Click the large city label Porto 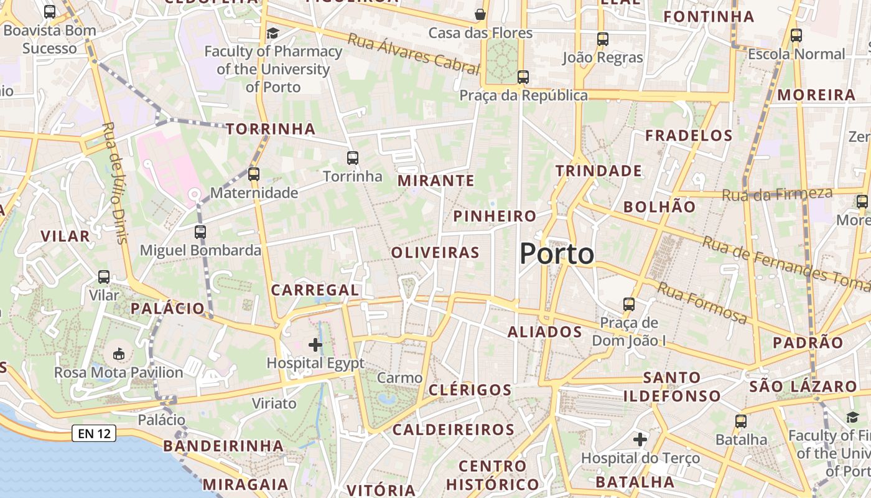(x=557, y=254)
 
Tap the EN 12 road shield (x=94, y=433)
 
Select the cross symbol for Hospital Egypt (x=315, y=344)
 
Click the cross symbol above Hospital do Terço (x=640, y=440)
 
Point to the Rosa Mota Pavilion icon (x=118, y=354)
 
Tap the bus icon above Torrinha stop (x=353, y=158)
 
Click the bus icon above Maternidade (x=254, y=174)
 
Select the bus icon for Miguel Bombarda (x=200, y=232)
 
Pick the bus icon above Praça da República (x=523, y=77)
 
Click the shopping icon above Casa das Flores (x=480, y=14)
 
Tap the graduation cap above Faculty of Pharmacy (x=273, y=33)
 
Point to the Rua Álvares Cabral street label (x=414, y=54)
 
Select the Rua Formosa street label (x=702, y=303)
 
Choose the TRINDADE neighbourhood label (x=599, y=171)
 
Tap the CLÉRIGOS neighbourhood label (x=470, y=390)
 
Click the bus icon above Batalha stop (x=740, y=421)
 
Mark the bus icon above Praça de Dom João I (x=629, y=304)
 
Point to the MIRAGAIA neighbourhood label (x=246, y=484)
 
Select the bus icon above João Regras (x=602, y=39)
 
